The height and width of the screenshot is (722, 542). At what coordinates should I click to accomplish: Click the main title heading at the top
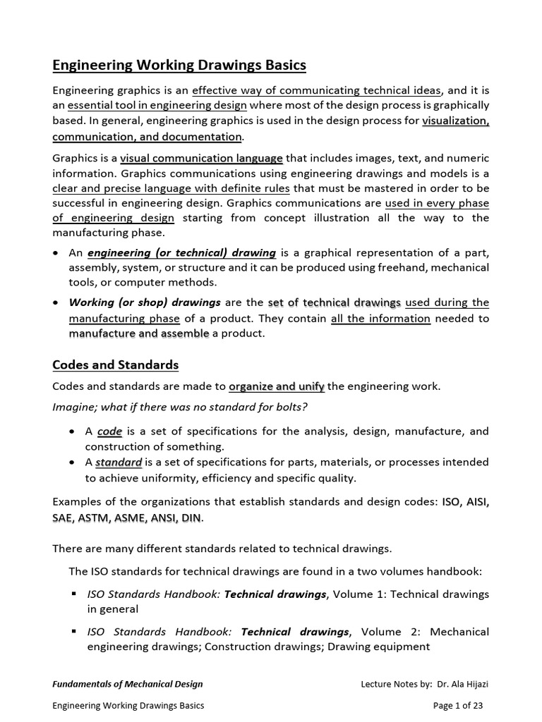[x=179, y=66]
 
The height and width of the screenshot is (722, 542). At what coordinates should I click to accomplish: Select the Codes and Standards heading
[x=115, y=365]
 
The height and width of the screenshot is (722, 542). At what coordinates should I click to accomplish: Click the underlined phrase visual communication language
[x=201, y=158]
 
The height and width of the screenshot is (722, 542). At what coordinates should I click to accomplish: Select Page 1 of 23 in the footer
[x=457, y=705]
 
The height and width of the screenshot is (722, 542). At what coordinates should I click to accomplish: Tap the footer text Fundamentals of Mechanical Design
[x=128, y=683]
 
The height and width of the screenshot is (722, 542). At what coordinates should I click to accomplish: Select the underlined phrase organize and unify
[x=277, y=386]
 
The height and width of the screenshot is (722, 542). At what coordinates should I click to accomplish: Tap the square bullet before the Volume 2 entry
[x=73, y=630]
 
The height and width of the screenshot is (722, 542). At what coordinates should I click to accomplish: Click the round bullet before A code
[x=73, y=431]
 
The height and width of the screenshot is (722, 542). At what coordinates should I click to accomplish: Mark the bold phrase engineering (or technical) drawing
[x=181, y=252]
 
